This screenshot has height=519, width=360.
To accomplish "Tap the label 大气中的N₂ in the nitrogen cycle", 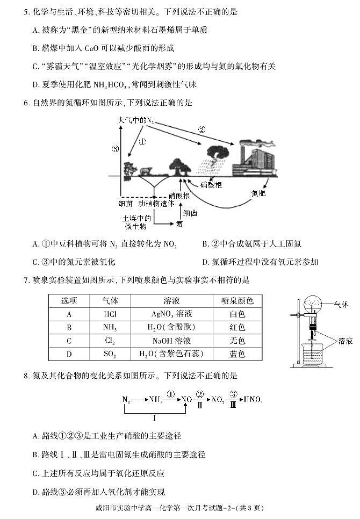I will tap(135, 121).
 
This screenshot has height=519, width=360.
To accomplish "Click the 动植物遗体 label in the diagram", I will tap(156, 204).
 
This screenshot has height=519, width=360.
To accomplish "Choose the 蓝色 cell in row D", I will tap(237, 354).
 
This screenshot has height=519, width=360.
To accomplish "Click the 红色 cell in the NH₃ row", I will tap(237, 327).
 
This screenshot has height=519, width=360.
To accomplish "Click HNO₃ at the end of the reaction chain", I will tap(253, 399).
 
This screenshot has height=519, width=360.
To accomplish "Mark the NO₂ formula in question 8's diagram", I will tap(217, 399).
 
